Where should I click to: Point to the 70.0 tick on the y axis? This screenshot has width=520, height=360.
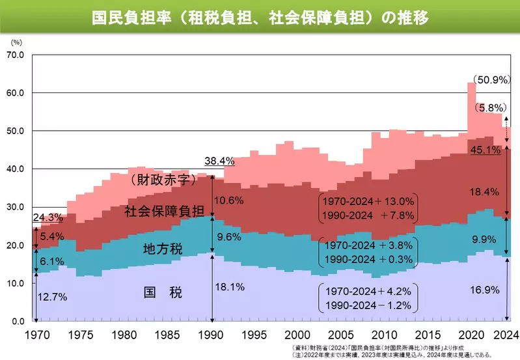15,55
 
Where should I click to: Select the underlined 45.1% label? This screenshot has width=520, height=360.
486,150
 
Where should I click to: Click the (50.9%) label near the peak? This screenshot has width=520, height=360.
493,81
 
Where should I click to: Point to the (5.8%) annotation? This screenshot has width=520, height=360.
489,108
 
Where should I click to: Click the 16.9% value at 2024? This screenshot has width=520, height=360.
483,287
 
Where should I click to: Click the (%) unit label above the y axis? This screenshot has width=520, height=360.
17,42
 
